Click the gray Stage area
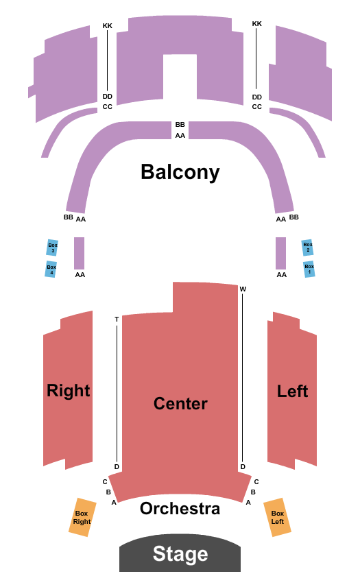(180, 553)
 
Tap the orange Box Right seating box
(82, 517)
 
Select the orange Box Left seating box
(277, 517)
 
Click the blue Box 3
(52, 248)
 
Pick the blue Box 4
(51, 269)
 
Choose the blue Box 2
(308, 247)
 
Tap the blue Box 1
(309, 269)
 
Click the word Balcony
(180, 171)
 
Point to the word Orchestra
(180, 509)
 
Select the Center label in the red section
(180, 403)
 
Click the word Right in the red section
(69, 391)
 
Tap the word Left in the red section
(292, 391)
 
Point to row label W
(243, 289)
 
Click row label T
(117, 319)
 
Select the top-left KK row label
(108, 25)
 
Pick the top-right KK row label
(257, 24)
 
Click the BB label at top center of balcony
(180, 124)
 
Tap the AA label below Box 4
(80, 275)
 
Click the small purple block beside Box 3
(79, 253)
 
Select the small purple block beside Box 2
(280, 253)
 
